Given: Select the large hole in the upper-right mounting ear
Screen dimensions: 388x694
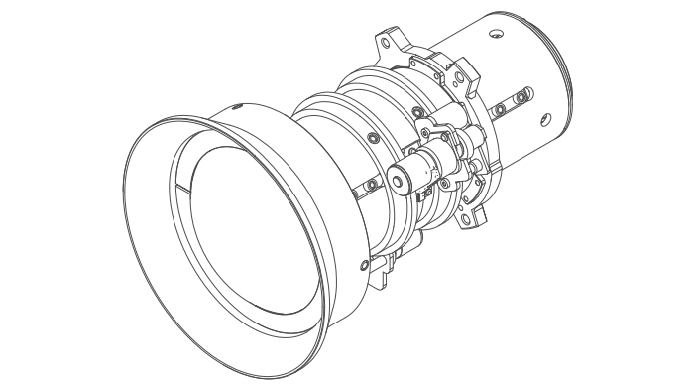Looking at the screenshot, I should [459, 71].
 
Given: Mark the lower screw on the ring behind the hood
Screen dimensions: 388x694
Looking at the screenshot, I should [371, 185].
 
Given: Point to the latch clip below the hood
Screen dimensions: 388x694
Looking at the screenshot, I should [380, 266].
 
